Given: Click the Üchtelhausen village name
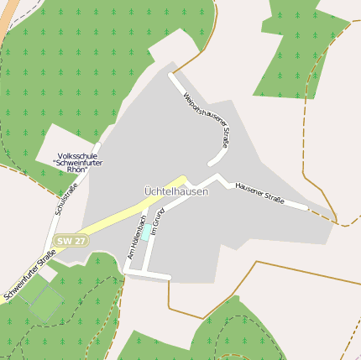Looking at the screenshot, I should pos(175,191).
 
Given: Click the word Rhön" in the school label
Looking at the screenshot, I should pos(75,170).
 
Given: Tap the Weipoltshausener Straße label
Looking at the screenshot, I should pos(206,121).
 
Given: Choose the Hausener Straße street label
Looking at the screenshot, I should pos(259,192).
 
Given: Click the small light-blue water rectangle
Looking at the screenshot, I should pos(146,232).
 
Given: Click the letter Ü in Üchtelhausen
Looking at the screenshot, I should pos(147,191).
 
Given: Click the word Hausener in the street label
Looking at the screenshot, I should pos(249,189).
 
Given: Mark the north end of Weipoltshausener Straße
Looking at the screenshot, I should pos(170,76).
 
